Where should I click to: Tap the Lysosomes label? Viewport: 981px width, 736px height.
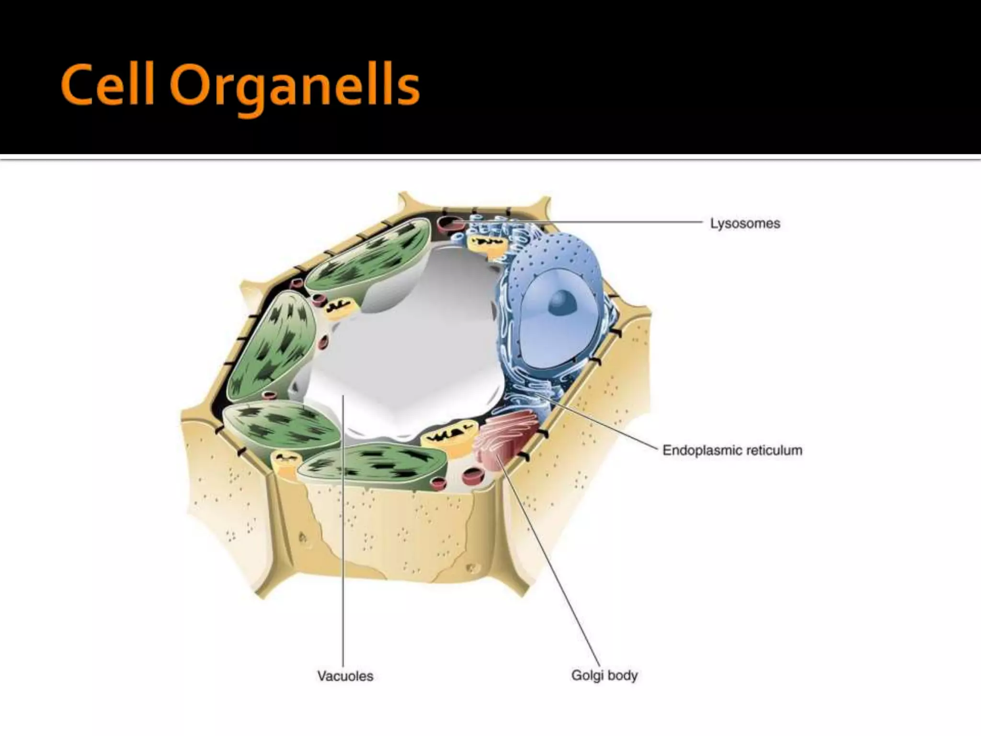pyautogui.click(x=745, y=223)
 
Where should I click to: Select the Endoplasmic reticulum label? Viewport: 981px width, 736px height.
pyautogui.click(x=732, y=450)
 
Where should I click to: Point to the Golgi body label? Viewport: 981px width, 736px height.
pyautogui.click(x=604, y=676)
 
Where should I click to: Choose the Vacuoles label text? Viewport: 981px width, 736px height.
pyautogui.click(x=345, y=676)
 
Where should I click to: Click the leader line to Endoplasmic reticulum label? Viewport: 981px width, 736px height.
pyautogui.click(x=599, y=422)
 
